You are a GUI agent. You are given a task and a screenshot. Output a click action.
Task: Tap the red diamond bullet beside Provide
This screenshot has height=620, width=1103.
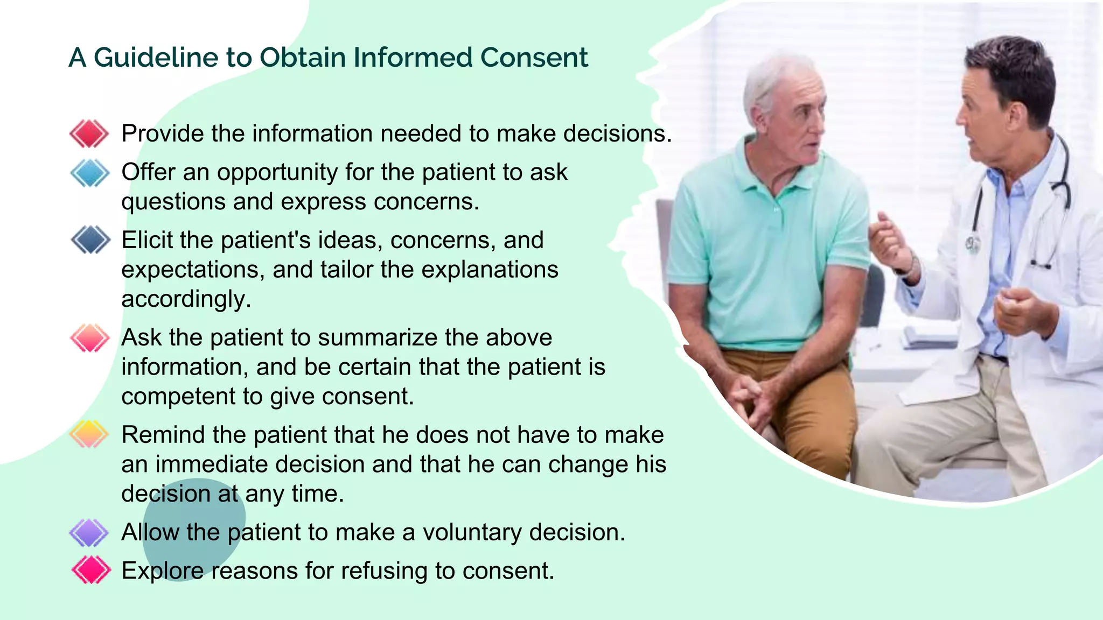pos(89,133)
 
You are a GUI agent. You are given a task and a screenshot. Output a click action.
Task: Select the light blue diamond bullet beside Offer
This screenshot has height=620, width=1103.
pos(89,173)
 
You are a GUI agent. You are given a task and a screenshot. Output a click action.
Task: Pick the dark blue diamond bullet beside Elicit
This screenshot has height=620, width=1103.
pos(90,240)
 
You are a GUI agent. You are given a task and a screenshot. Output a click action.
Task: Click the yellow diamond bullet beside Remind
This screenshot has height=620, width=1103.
pos(89,434)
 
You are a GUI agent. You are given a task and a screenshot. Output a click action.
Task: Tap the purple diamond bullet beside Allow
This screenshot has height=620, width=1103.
pos(89,532)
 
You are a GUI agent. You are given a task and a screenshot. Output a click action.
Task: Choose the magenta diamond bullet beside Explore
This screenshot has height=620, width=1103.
pos(90,570)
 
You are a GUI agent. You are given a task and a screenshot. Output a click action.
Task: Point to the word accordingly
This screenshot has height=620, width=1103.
pos(186,299)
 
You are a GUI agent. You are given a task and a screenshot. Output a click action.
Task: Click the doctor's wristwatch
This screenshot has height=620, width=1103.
pos(910,266)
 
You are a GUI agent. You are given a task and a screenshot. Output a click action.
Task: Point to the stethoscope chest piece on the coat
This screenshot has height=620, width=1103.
pos(973,245)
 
